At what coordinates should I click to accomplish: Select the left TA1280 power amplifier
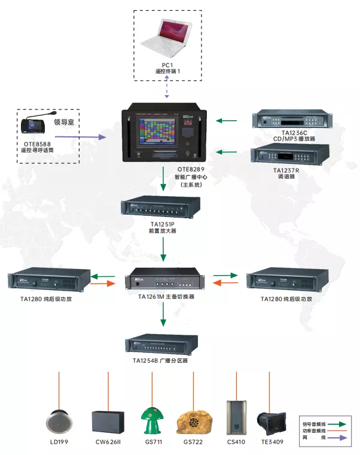pos(48,280)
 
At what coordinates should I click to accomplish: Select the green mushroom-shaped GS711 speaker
pos(151,420)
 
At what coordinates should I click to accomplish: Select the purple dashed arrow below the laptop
pos(167,90)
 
